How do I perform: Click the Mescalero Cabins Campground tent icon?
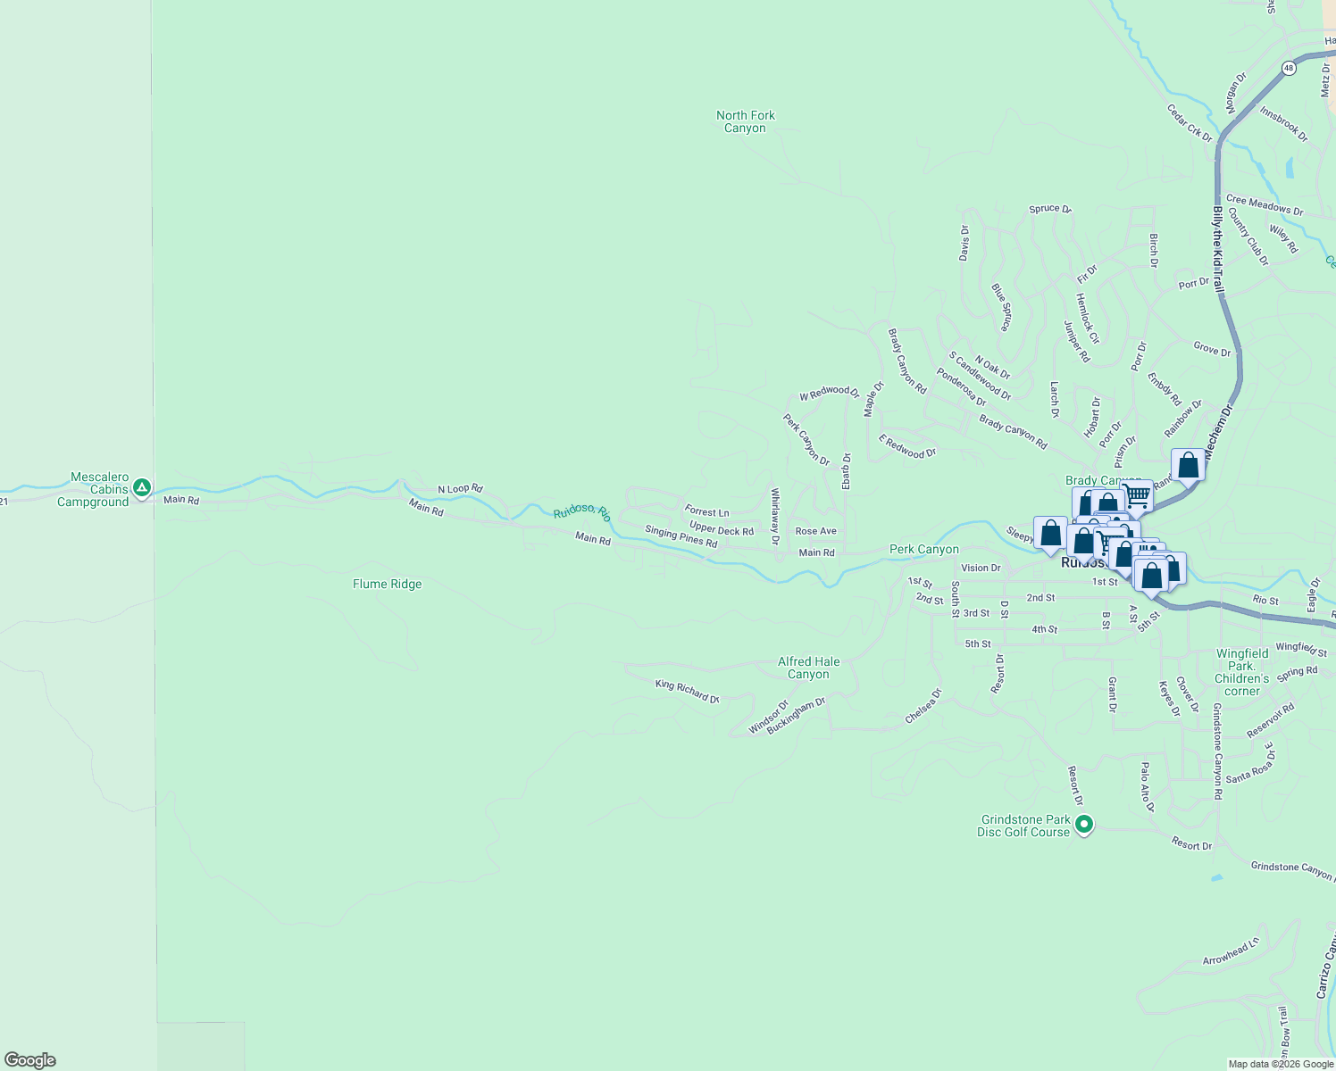coord(141,488)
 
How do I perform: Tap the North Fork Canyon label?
coord(746,121)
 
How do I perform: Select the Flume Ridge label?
coord(387,584)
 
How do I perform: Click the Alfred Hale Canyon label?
coord(808,668)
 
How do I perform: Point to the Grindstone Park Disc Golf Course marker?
coord(1084,825)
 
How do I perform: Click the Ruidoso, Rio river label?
coord(581,511)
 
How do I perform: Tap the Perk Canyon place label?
coord(923,549)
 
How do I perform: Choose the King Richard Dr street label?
coord(687,692)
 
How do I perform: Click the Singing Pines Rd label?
coord(681,536)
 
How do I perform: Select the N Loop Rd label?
coord(460,489)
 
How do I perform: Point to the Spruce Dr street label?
coord(1049,209)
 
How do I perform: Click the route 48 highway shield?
coord(1288,68)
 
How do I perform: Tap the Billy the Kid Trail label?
coord(1218,250)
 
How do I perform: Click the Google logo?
coord(30,1060)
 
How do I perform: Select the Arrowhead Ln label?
coord(1231,952)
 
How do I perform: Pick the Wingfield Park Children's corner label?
coord(1241,672)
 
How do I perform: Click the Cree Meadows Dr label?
coord(1264,205)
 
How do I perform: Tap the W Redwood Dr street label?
coord(829,393)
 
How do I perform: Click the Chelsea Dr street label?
coord(923,705)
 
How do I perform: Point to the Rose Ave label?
coord(815,531)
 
